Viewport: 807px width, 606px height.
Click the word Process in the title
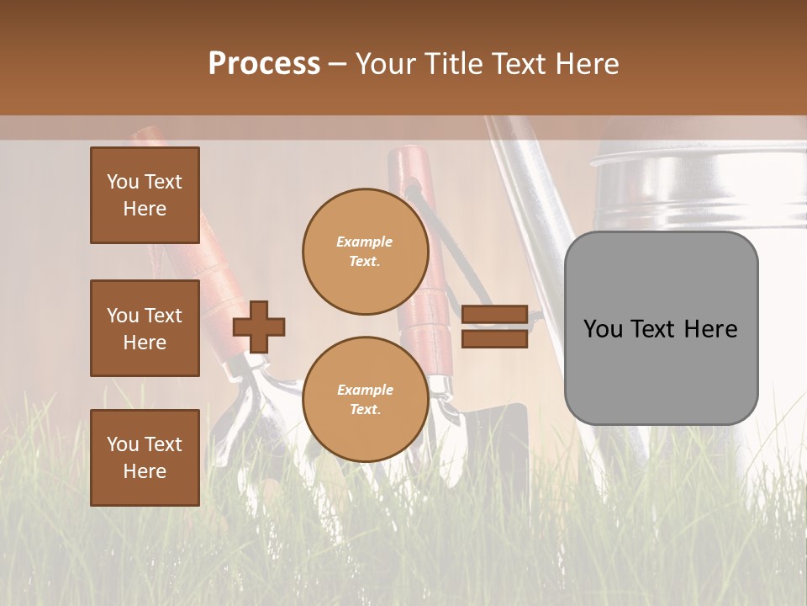pyautogui.click(x=264, y=64)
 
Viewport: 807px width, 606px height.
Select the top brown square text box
pyautogui.click(x=145, y=195)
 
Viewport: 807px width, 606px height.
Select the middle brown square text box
pyautogui.click(x=145, y=328)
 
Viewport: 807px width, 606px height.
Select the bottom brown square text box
pyautogui.click(x=145, y=458)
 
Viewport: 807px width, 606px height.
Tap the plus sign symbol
pyautogui.click(x=259, y=327)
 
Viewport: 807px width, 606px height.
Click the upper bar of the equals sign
pyautogui.click(x=494, y=315)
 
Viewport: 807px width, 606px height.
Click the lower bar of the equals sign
pyautogui.click(x=494, y=339)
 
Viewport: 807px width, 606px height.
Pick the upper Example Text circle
pyautogui.click(x=366, y=251)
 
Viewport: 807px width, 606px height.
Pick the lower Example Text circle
pyautogui.click(x=366, y=399)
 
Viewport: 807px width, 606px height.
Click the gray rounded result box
pyautogui.click(x=661, y=370)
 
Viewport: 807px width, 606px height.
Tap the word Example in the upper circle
pyautogui.click(x=365, y=242)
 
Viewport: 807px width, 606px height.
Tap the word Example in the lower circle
pyautogui.click(x=365, y=390)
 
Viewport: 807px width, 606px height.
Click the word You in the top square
pyautogui.click(x=123, y=182)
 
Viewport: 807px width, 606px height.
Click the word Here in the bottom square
pyautogui.click(x=145, y=471)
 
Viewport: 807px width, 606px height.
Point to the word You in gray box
pyautogui.click(x=603, y=329)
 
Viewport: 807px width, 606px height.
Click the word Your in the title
pyautogui.click(x=386, y=64)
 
